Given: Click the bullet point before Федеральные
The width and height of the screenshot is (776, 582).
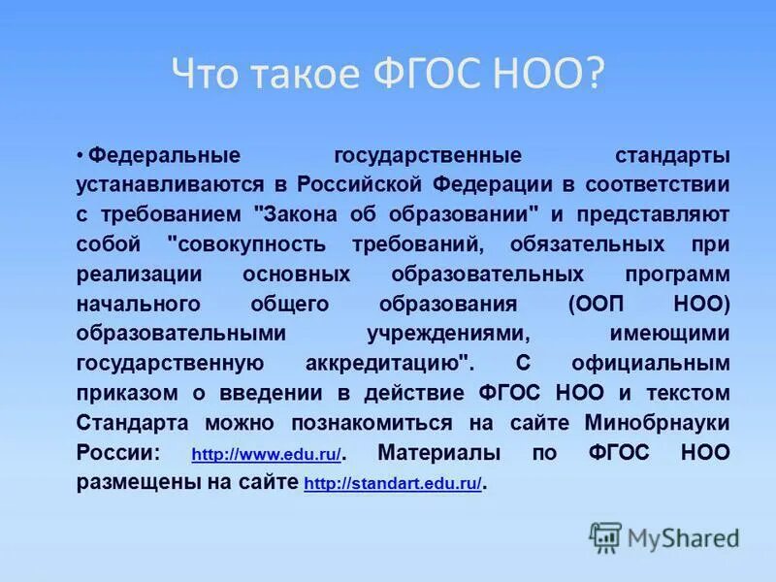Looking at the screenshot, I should (x=81, y=156).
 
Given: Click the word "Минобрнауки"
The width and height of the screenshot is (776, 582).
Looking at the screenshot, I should (x=657, y=423).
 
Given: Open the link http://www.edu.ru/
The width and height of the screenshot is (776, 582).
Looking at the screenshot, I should (x=266, y=454).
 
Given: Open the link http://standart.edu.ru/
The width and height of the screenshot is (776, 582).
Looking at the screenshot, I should (x=392, y=483).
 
